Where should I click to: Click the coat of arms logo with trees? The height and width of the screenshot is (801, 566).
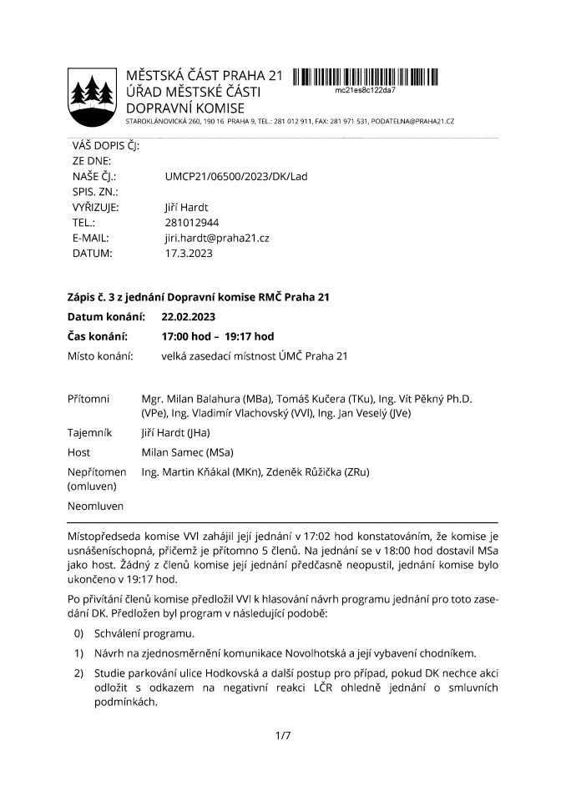coord(91,93)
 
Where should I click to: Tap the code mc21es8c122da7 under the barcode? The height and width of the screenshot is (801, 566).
coord(365,88)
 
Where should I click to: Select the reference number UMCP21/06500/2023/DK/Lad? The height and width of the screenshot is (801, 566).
coord(236,177)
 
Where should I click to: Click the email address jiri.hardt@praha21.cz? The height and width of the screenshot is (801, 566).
coord(216,238)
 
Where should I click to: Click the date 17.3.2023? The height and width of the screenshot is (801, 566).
coord(188,253)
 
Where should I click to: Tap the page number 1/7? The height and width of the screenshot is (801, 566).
coord(282,735)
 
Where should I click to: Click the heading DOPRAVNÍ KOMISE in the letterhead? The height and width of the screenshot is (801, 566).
coord(184,108)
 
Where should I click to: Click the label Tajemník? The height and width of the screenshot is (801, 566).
coord(89,432)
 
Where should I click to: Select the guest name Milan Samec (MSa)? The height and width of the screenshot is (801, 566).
coord(187,452)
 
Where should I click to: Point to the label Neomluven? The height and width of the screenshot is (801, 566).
coord(95,506)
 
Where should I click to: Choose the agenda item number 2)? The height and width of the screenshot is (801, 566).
coord(80,672)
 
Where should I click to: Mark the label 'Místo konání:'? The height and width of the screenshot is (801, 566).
coord(100,356)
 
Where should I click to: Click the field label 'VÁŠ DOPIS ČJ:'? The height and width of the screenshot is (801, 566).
coord(106,146)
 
